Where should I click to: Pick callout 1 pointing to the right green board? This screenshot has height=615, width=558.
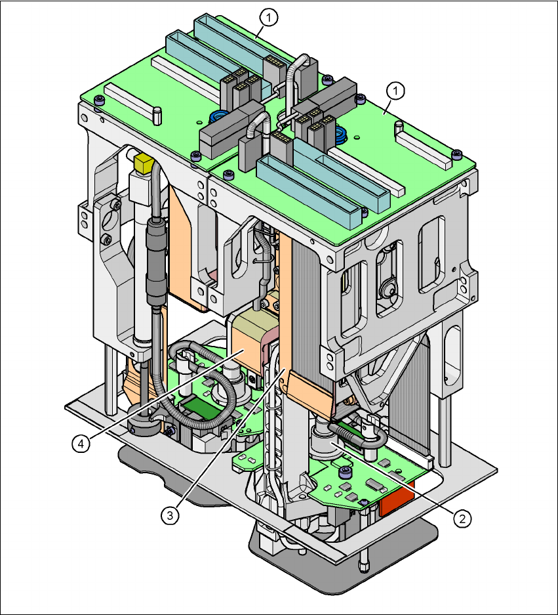coord(395,89)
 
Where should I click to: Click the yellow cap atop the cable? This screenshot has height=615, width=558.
coord(142,161)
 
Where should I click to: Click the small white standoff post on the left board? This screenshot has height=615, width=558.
coord(157,116)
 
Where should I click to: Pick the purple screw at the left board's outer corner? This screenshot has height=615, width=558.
coord(98,102)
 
